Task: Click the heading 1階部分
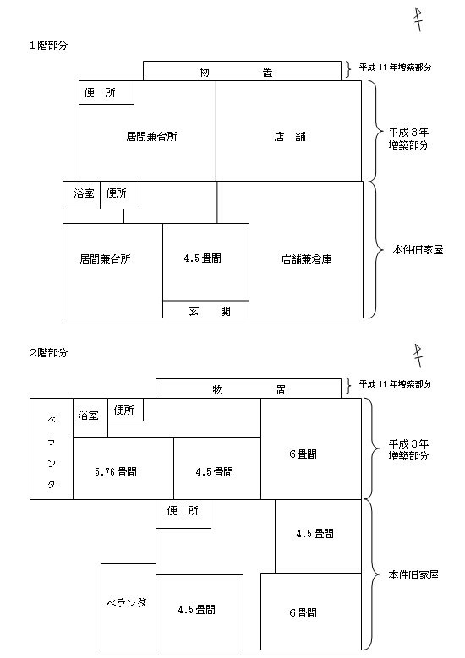coord(49,46)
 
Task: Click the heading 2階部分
coord(49,353)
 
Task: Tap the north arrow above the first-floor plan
coord(418,19)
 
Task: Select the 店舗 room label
coord(290,137)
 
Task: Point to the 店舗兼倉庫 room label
coord(306,259)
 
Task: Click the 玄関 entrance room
coord(205,309)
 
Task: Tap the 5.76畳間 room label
coord(116,472)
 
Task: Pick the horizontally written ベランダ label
coord(126,603)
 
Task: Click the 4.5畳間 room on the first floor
coord(205,262)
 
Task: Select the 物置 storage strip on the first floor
coord(242,71)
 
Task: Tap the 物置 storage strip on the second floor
coord(249,389)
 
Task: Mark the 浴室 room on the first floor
coord(81,195)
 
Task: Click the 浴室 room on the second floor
coord(90,417)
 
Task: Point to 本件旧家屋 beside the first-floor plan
coord(418,250)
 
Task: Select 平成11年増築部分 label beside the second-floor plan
coord(395,384)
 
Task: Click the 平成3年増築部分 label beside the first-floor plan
coord(408,139)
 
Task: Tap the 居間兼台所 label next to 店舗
coord(151,137)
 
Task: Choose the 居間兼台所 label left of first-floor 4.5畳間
coord(105,259)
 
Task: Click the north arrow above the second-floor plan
coord(418,356)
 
